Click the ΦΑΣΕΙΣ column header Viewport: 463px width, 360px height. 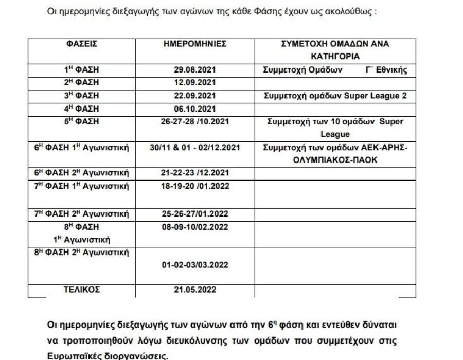point(85,44)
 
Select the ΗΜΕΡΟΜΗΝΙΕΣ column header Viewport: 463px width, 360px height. point(195,44)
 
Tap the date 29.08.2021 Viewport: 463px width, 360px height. point(195,70)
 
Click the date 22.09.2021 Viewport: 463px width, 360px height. point(195,96)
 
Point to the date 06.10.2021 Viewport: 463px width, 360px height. point(195,109)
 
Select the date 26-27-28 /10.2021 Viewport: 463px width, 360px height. point(195,122)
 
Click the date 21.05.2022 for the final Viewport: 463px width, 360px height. point(195,290)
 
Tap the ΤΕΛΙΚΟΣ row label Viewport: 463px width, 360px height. point(85,290)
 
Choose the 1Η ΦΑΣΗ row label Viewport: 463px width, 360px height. point(85,70)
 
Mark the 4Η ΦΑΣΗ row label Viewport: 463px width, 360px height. point(85,109)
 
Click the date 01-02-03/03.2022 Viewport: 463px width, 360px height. point(195,265)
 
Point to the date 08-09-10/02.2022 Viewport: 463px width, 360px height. point(195,227)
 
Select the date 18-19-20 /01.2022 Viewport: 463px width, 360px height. point(195,185)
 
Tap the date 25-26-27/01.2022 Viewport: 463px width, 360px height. point(195,214)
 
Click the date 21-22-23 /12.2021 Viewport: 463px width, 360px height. point(195,172)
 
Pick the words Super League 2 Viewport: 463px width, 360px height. point(375,96)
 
